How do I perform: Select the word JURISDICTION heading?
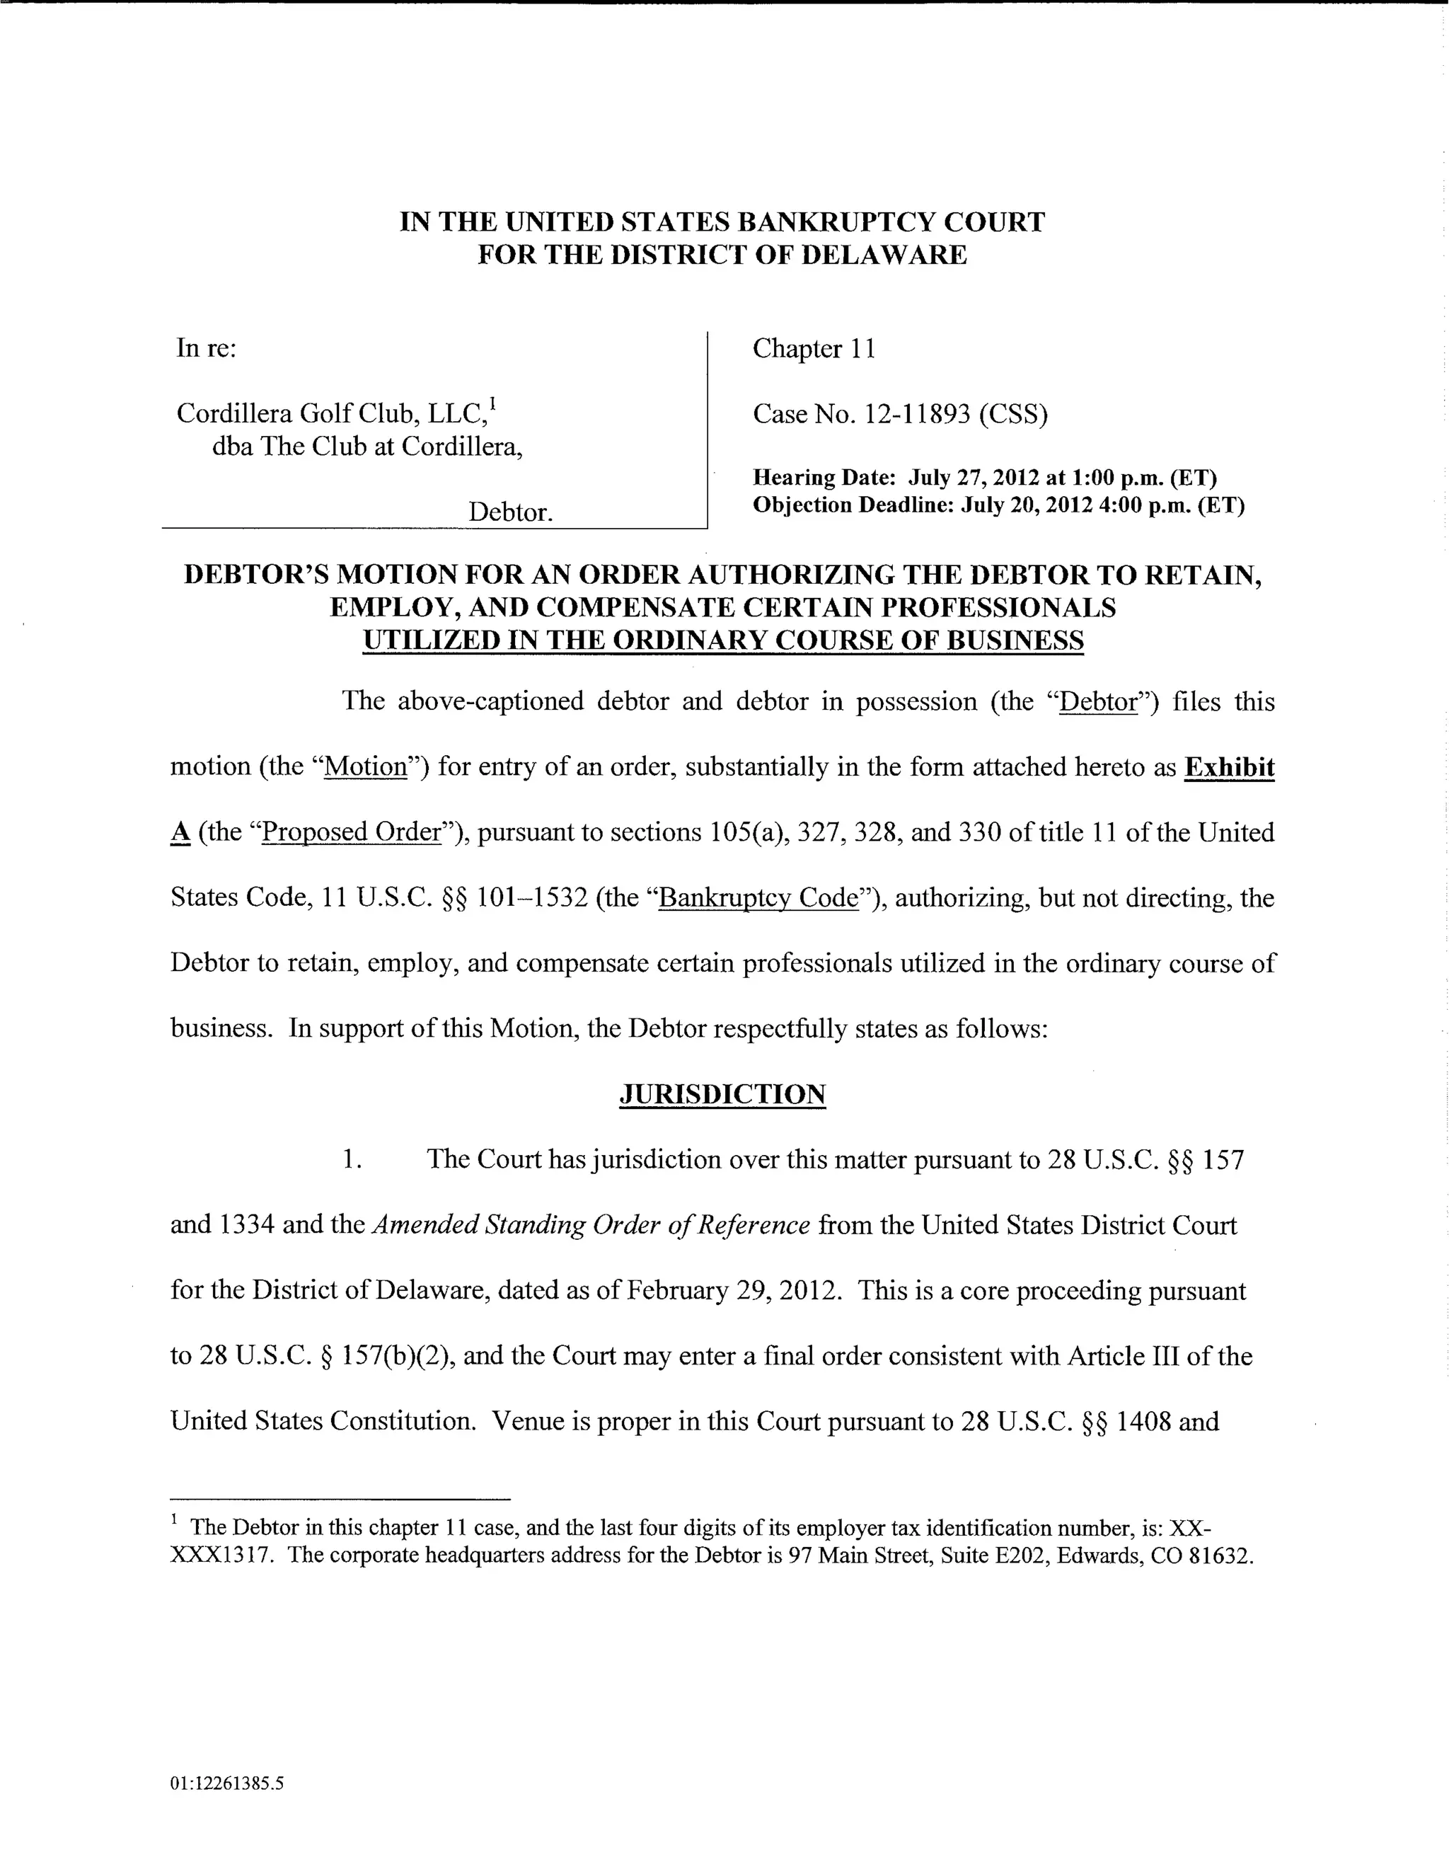(722, 1094)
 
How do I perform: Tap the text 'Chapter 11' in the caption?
(814, 348)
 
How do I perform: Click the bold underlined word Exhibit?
(1228, 766)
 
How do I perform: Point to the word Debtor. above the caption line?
(510, 512)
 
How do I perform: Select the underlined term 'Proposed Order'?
(351, 832)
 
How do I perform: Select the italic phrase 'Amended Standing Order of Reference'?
(591, 1224)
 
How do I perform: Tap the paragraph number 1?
(350, 1159)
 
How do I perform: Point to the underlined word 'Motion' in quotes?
(366, 766)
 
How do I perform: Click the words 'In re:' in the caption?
(206, 348)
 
